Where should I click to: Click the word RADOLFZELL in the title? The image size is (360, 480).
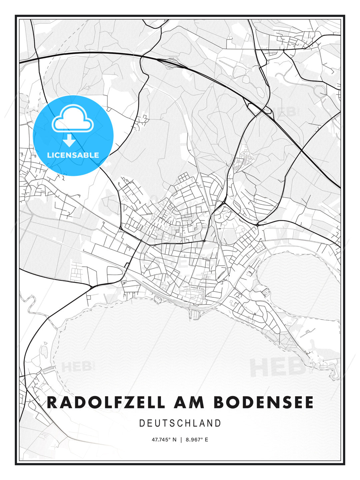click(106, 402)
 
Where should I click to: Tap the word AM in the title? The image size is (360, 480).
click(189, 402)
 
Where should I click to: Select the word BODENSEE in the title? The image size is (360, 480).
click(263, 402)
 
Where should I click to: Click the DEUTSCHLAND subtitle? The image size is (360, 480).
click(180, 423)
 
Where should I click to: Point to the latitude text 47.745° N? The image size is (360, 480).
click(164, 440)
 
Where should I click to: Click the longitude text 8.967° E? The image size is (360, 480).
click(197, 440)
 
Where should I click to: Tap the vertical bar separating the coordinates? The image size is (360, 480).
click(181, 440)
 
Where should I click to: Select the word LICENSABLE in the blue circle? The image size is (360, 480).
click(73, 155)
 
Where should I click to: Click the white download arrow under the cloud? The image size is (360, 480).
click(69, 141)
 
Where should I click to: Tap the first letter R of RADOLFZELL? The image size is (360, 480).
click(52, 402)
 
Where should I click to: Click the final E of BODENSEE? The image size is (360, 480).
click(309, 402)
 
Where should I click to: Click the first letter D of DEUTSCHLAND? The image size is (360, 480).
click(142, 423)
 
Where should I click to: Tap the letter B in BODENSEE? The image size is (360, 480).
click(219, 402)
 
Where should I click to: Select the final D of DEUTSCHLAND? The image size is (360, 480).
click(218, 423)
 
